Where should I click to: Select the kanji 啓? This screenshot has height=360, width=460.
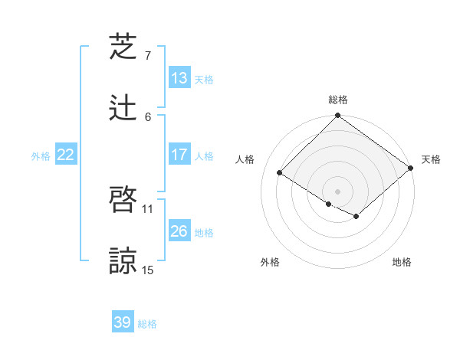123,201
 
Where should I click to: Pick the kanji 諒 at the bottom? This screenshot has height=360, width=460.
123,260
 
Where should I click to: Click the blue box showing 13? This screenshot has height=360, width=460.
179,78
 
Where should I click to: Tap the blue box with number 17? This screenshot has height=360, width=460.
179,155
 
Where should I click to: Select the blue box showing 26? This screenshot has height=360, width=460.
179,231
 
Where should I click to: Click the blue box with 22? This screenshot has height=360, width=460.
66,155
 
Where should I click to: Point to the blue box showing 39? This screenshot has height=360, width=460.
123,322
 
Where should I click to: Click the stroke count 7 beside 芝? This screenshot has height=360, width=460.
148,56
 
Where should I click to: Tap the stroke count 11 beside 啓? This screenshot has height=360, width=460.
148,209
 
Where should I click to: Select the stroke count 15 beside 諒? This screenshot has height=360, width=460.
148,269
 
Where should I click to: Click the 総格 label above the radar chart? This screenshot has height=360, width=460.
338,100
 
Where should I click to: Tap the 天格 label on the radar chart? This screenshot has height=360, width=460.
431,159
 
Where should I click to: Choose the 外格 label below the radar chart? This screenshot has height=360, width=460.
270,263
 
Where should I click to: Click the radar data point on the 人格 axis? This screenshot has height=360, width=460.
280,173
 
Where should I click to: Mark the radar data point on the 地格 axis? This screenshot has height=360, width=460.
356,217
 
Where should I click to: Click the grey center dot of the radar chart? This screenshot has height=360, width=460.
338,191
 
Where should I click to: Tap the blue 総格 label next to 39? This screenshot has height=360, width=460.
147,324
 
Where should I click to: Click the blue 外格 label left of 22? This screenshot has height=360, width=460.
41,156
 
